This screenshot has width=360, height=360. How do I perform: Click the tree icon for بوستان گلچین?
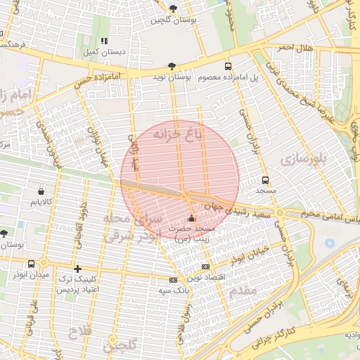[174, 8]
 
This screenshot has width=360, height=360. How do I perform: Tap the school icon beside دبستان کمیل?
[105, 41]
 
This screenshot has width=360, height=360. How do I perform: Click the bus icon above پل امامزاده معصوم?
[227, 66]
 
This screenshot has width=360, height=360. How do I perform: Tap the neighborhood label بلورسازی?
[304, 160]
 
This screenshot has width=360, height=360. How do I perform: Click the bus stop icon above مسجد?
[265, 180]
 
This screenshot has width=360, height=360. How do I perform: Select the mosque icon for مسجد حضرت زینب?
[192, 219]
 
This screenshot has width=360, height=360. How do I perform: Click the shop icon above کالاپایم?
[41, 191]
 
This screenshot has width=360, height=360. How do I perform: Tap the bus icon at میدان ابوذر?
[31, 264]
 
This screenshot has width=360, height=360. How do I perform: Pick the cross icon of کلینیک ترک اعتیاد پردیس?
[77, 269]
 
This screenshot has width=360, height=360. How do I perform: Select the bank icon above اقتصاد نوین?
[205, 267]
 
